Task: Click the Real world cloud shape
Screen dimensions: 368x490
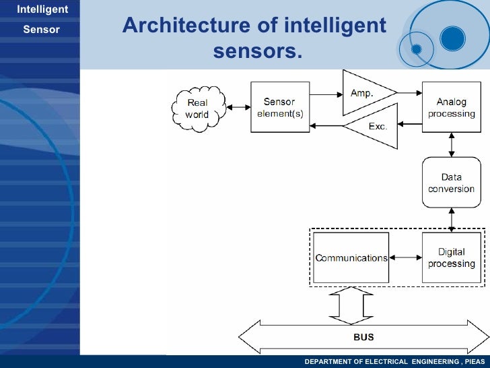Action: tap(197, 109)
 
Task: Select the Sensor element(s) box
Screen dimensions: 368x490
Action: tap(279, 108)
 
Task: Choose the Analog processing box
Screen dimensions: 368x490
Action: tap(451, 108)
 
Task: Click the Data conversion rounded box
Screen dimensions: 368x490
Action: tap(451, 183)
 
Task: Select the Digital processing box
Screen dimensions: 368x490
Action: tap(451, 258)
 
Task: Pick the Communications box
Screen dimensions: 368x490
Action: tap(351, 258)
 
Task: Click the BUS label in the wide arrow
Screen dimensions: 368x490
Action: tap(363, 336)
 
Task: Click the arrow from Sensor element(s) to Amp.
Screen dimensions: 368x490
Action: tap(326, 94)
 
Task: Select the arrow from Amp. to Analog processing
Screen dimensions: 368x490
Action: tap(409, 94)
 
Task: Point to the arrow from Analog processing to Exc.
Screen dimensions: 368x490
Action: tap(409, 125)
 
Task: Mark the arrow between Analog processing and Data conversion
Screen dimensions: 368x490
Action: tap(451, 144)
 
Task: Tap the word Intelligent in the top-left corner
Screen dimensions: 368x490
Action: tap(42, 9)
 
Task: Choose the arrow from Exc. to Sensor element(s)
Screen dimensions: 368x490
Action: tap(326, 125)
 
